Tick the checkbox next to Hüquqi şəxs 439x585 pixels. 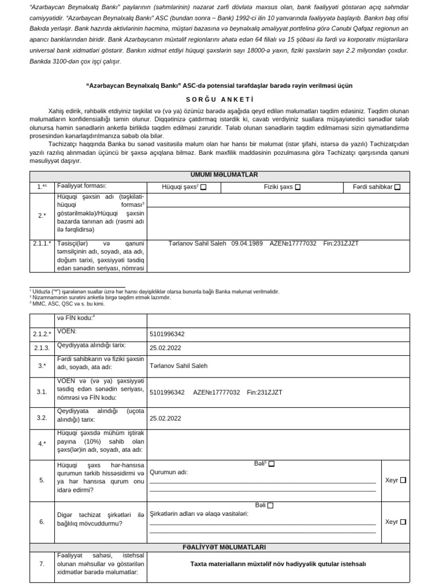203,187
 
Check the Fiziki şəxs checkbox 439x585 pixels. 297,187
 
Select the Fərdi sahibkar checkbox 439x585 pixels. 397,187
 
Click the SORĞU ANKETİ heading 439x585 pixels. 219,98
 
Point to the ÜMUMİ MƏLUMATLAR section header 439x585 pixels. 219,175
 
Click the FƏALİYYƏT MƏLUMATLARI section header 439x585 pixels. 219,547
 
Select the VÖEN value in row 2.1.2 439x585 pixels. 167,334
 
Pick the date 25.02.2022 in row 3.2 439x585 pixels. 165,418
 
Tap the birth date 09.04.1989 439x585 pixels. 247,243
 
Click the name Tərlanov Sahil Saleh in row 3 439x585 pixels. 178,366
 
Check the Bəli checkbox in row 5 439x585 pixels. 272,464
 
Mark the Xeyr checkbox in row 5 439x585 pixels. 403,480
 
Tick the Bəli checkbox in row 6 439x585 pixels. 270,505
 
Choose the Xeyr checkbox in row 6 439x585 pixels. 403,522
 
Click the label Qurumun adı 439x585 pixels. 168,472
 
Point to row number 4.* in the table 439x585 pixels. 42,443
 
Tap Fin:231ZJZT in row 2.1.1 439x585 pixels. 341,243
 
